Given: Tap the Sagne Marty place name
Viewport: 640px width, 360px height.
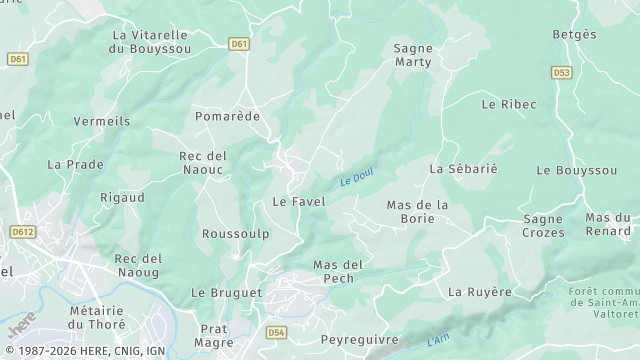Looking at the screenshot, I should pos(413,55).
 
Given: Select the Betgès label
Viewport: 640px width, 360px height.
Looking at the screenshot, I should pos(574,34).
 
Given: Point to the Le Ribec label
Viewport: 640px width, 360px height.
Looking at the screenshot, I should pos(508,104).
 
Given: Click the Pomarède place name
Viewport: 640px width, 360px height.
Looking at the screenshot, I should pos(227,116).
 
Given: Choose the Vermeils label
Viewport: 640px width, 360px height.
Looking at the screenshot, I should pos(102,121).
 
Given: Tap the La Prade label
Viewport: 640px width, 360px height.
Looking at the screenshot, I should pos(76,164).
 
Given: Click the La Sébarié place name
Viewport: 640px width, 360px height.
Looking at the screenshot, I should pos(463,169).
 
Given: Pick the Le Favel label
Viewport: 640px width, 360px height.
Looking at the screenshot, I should pos(299,201).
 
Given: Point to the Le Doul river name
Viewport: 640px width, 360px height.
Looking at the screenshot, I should pos(356,178).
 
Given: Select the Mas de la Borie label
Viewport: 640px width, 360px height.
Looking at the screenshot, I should pos(417,212).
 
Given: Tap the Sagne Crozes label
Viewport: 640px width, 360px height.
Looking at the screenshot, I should pos(543,226).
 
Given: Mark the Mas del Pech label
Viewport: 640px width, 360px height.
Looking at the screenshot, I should pos(338,271).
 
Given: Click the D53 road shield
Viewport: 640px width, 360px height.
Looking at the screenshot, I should pos(561,72).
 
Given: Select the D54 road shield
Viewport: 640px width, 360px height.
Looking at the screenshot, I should pos(277,331).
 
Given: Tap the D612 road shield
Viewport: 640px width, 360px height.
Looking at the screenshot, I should pos(22,231).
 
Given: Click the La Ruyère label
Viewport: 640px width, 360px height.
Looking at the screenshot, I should pos(480,292).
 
